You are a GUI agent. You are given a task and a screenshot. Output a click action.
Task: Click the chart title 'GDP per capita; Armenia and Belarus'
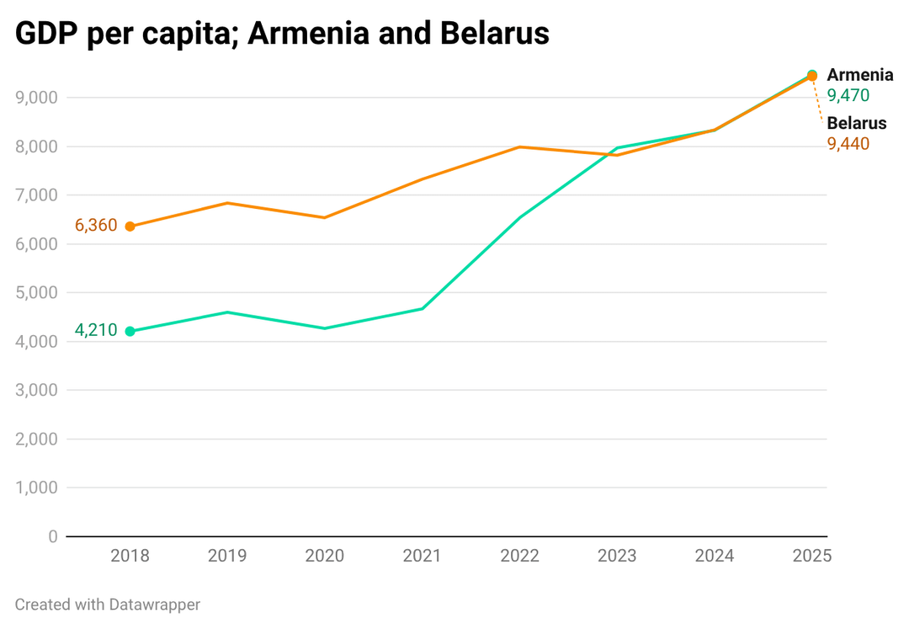282,34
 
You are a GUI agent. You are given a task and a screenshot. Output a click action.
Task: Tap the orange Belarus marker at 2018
130,227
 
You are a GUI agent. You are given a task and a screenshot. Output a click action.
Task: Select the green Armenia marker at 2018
130,332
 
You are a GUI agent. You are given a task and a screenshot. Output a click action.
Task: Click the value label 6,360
96,226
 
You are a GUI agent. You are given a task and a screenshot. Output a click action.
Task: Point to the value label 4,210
96,330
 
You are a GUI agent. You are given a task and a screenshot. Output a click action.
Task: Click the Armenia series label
859,75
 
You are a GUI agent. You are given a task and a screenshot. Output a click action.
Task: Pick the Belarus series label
856,123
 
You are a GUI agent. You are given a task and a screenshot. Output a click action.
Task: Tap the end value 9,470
848,95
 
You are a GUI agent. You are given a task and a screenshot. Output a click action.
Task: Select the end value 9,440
848,144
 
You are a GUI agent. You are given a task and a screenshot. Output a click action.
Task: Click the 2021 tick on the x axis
422,556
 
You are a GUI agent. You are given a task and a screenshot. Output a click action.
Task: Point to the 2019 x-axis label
227,556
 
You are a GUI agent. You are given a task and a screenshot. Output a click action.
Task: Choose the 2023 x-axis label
617,556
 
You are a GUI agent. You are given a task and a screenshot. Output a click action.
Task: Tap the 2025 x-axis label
812,556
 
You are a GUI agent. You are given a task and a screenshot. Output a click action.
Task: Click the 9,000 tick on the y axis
36,98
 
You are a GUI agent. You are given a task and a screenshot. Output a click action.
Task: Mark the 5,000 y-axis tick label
36,293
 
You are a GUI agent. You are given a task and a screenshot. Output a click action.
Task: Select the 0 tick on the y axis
53,536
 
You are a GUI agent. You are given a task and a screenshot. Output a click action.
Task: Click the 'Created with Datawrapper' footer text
108,604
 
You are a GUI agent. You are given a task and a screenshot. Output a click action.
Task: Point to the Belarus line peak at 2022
520,147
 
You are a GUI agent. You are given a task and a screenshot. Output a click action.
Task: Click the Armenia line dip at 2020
325,328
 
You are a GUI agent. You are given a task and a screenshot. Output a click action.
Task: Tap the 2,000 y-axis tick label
36,439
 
